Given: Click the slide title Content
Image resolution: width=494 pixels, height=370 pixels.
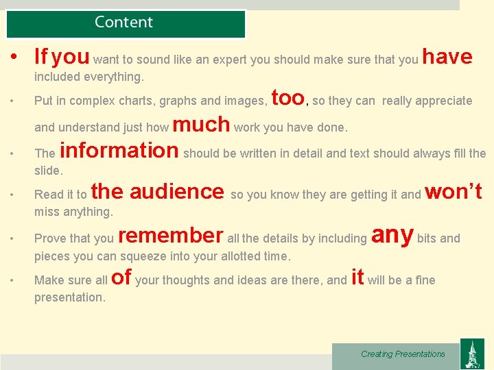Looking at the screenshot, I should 124,22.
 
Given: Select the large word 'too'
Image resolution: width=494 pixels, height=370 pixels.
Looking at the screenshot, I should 288,98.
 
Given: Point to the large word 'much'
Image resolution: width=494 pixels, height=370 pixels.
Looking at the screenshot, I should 201,124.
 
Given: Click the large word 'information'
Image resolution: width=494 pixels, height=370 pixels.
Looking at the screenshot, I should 119,149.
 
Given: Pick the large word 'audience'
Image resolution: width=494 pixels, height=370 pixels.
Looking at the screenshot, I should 177,191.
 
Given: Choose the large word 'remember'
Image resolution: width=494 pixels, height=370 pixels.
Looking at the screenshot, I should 171,235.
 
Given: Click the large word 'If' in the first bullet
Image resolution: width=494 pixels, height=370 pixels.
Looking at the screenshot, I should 41,56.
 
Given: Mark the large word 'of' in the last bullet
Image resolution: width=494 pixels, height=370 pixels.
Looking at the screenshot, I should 121,277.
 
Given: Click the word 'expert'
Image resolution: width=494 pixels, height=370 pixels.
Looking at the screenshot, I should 230,60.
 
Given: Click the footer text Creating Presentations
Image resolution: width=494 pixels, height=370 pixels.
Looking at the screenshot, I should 403,354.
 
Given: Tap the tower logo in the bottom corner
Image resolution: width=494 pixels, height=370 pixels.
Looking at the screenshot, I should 471,355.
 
